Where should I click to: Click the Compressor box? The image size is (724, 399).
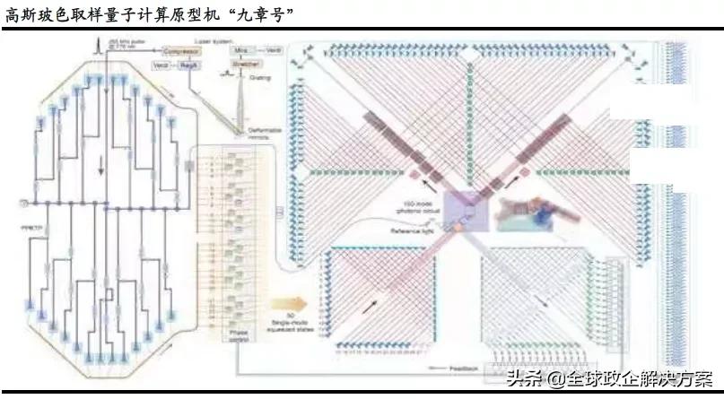(x=176, y=52)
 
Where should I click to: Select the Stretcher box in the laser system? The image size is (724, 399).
(x=239, y=65)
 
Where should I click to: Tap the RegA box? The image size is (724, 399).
(x=188, y=65)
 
